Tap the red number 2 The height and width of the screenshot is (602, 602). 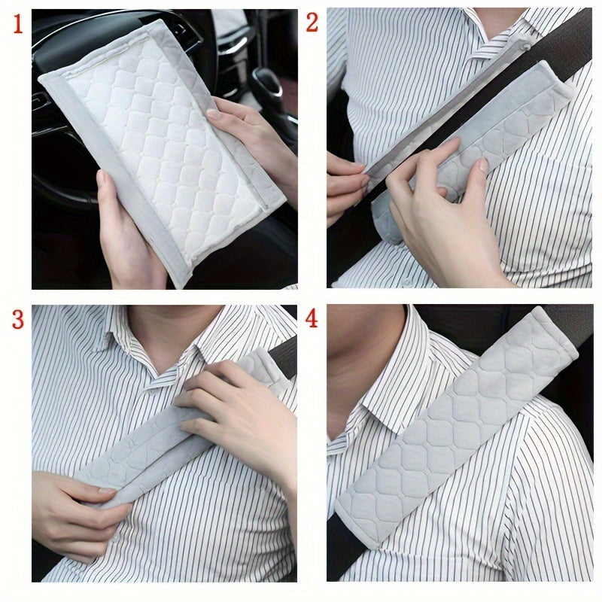pos(312,23)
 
